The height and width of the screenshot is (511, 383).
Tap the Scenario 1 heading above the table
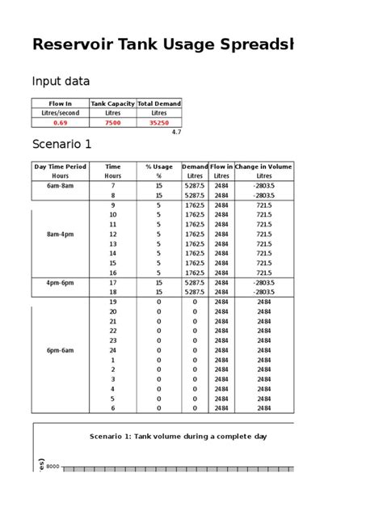(62, 145)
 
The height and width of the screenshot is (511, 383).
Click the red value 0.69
(60, 123)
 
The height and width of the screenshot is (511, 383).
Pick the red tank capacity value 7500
(112, 123)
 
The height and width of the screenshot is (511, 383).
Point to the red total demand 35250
(158, 123)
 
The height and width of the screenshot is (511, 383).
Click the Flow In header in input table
(60, 103)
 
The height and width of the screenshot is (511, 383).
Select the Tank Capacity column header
(112, 103)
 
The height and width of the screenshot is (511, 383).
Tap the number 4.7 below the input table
(177, 131)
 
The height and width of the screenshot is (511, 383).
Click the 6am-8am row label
(60, 185)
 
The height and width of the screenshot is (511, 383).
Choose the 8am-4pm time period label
(60, 234)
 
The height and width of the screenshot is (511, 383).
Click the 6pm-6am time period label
(60, 350)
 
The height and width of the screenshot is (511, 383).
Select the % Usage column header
(159, 166)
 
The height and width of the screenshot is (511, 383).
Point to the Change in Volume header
(263, 166)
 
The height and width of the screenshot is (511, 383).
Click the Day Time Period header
(60, 166)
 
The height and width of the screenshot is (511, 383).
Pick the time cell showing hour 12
(113, 234)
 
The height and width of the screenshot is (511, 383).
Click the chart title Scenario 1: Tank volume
(178, 437)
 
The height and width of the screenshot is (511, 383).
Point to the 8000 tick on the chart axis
(53, 467)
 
